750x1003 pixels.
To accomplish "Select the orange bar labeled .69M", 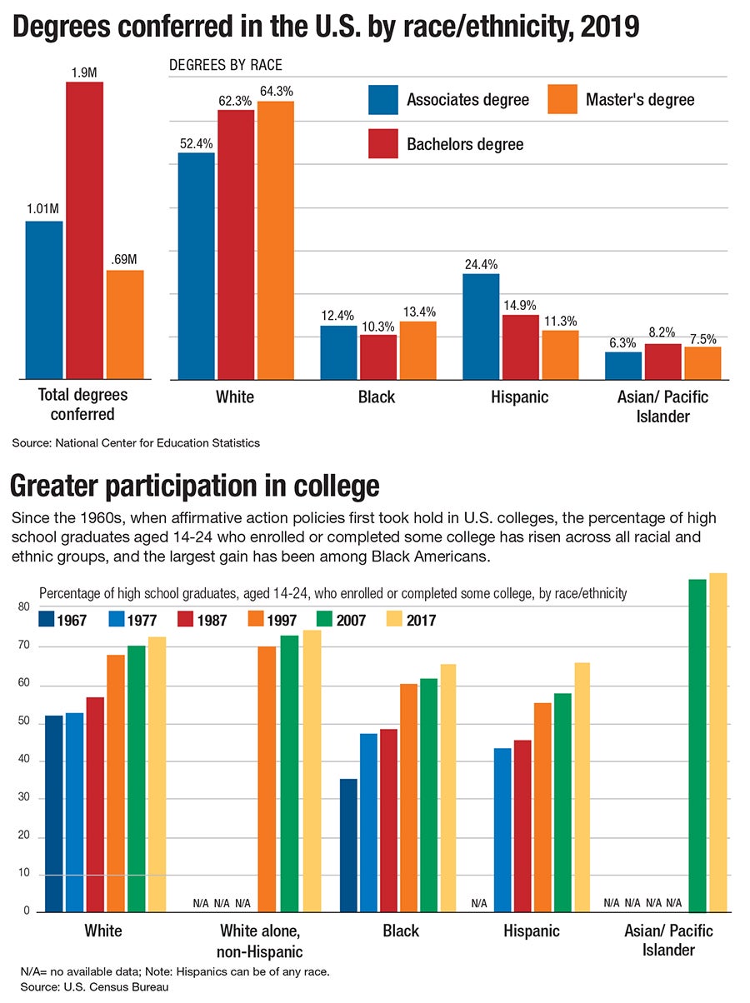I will tap(125, 325).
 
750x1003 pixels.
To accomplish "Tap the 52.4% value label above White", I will tap(196, 142).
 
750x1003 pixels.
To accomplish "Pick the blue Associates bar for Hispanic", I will tap(481, 327).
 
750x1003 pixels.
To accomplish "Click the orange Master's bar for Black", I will tap(417, 350).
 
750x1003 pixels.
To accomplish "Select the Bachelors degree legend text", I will tap(465, 144).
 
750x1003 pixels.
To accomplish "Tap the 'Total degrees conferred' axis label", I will tap(83, 405).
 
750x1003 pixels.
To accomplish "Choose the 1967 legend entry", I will tap(65, 620).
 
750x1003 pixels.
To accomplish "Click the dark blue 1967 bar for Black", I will tap(347, 845).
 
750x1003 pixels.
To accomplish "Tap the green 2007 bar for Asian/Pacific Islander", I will tap(697, 745).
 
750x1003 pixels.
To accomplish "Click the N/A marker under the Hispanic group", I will tap(478, 902).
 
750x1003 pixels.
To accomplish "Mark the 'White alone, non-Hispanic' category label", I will tap(262, 940).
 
